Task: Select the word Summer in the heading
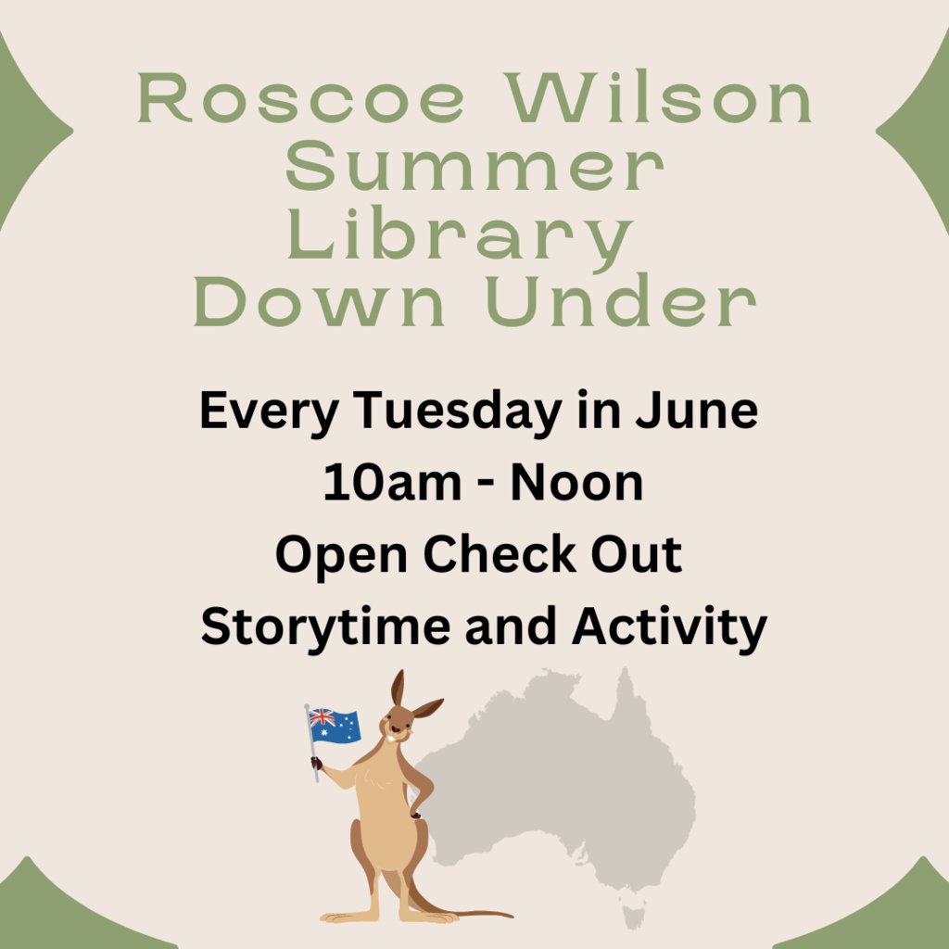pos(474,168)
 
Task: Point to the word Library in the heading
pos(461,237)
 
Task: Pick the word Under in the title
pos(620,303)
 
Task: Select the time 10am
pos(379,483)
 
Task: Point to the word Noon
pos(578,483)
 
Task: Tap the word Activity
pos(668,626)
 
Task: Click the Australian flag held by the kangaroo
pos(334,726)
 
